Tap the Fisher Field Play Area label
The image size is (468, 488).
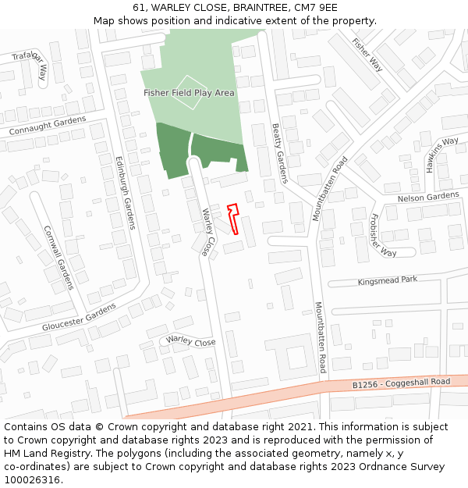click(x=189, y=93)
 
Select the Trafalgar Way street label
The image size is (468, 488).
click(x=33, y=63)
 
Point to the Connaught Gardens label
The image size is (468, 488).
click(x=48, y=126)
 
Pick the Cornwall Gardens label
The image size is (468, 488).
click(x=58, y=258)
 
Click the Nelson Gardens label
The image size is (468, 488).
click(x=428, y=198)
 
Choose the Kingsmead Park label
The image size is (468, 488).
click(x=388, y=280)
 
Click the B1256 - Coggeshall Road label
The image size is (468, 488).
click(x=401, y=383)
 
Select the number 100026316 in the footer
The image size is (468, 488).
click(x=32, y=479)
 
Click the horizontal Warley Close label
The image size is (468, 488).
click(x=191, y=342)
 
